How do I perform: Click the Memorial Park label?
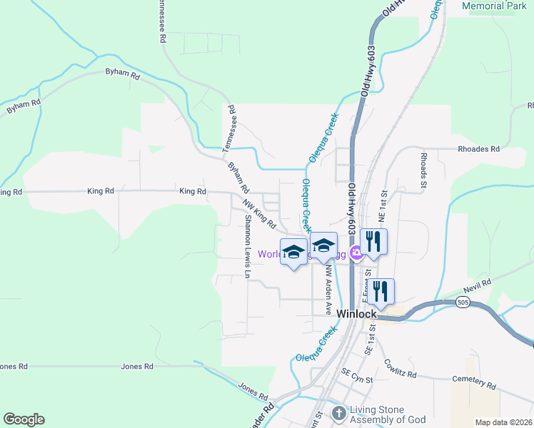pyautogui.click(x=494, y=6)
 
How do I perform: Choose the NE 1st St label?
pyautogui.click(x=383, y=204)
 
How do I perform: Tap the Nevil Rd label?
pyautogui.click(x=477, y=284)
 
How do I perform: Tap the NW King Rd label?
pyautogui.click(x=261, y=215)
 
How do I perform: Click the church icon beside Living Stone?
pyautogui.click(x=338, y=412)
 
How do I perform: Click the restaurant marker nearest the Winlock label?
pyautogui.click(x=381, y=291)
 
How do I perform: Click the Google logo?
pyautogui.click(x=24, y=419)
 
